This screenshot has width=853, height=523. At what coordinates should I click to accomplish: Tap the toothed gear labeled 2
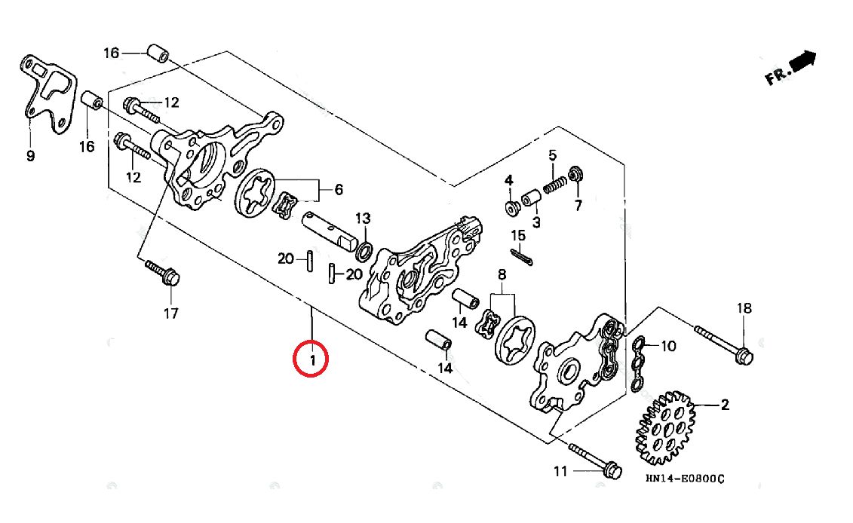point(664,427)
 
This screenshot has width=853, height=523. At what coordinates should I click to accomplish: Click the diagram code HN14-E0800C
point(685,479)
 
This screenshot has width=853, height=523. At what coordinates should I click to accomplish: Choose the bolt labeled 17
point(163,274)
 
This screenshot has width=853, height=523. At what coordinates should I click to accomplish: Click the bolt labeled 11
point(596,460)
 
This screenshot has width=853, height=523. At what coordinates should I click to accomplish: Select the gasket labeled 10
point(639,364)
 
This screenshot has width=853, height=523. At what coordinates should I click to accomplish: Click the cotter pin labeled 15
point(521,257)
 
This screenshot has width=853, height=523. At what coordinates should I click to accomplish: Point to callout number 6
point(339,189)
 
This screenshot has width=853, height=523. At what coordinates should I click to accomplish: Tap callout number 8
point(502,274)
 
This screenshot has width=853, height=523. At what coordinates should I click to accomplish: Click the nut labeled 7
point(575,175)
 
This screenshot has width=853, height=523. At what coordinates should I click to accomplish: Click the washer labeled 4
point(512,208)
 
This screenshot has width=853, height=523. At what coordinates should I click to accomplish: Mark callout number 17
point(170,313)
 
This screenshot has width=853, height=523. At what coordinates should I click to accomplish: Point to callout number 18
point(744,308)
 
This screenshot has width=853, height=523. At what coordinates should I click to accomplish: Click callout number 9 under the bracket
point(30,156)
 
